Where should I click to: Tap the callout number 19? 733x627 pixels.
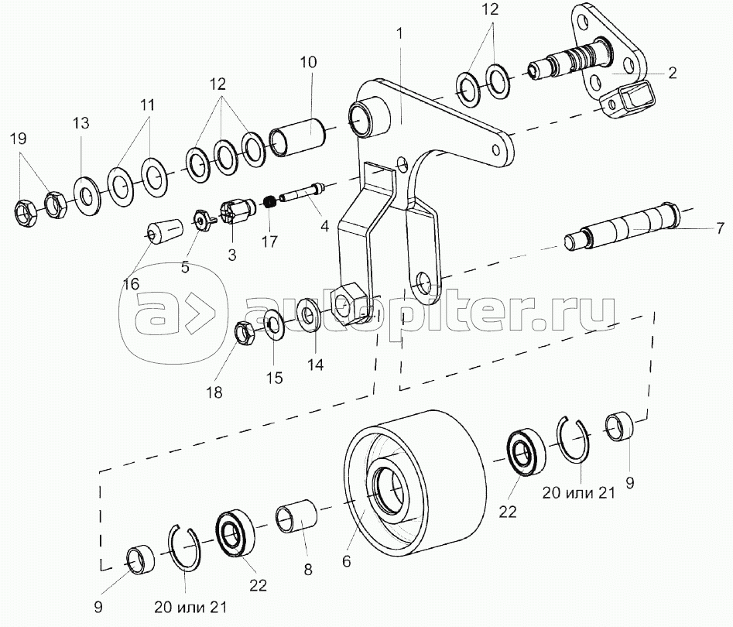(18, 139)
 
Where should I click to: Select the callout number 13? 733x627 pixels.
(81, 124)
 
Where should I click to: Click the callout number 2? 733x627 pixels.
(672, 74)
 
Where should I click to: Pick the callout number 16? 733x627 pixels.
(131, 284)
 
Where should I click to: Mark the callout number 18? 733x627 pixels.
(214, 392)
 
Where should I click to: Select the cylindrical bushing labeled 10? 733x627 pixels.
(302, 136)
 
